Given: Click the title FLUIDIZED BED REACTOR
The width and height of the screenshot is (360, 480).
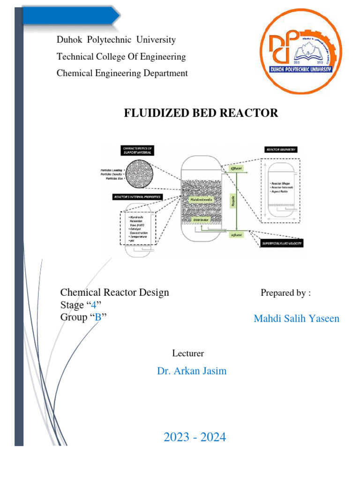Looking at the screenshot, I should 201,113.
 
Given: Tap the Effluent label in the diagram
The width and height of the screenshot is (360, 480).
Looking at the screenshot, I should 236,168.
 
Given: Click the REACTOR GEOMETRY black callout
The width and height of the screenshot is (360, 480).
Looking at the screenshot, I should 281,149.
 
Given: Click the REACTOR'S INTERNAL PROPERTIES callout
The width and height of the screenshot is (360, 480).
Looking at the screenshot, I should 137,197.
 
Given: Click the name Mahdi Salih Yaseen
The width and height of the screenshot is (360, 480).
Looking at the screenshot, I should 296,319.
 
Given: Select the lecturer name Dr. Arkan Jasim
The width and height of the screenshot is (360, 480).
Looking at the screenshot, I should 192,371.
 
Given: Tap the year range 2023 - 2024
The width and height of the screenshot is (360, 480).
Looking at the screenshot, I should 195,437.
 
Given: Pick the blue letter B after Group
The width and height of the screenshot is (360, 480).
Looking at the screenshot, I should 98,317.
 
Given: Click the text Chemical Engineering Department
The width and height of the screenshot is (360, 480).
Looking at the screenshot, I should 122,73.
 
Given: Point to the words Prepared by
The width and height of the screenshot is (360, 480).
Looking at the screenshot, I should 285,293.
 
